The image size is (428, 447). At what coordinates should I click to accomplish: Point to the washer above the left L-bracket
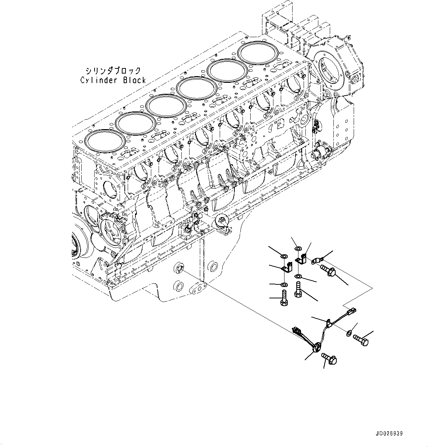[284, 256]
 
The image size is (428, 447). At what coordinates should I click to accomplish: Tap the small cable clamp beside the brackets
[316, 260]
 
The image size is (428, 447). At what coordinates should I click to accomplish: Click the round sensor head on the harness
[316, 346]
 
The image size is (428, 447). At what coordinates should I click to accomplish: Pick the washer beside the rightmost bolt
[348, 334]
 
